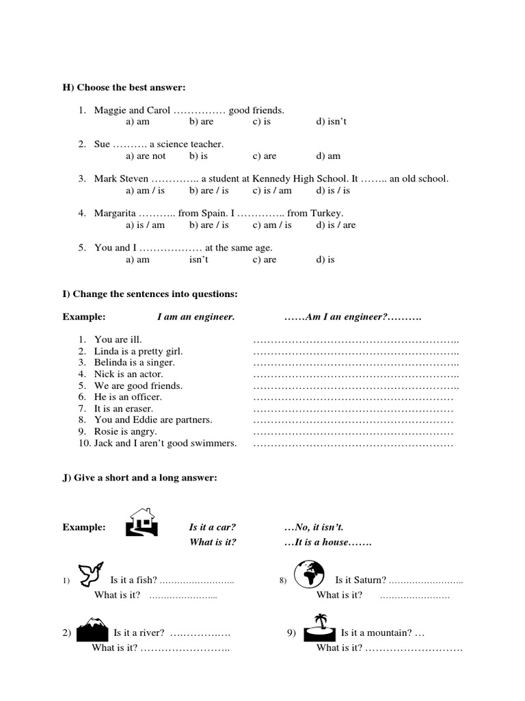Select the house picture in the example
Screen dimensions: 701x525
142,522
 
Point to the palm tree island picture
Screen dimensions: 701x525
319,626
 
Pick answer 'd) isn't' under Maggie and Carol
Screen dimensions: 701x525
332,122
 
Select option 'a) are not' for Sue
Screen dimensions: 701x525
146,156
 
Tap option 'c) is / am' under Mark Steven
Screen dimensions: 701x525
272,190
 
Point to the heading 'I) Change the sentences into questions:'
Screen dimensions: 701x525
150,294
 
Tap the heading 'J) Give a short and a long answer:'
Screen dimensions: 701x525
139,478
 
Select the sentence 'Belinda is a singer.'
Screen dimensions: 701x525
135,363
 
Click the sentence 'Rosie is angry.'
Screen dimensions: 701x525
126,432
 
